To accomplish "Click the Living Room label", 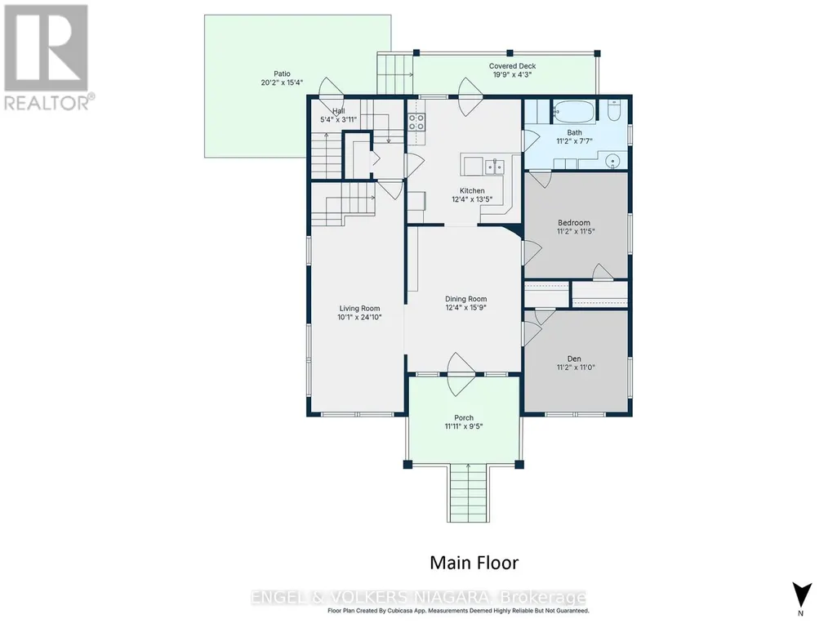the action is pyautogui.click(x=359, y=308).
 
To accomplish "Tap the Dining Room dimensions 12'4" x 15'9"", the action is pyautogui.click(x=466, y=308).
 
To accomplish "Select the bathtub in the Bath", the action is pyautogui.click(x=573, y=112).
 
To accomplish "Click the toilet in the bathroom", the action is pyautogui.click(x=613, y=110).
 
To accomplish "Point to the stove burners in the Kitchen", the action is pyautogui.click(x=416, y=122).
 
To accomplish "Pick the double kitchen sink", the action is pyautogui.click(x=494, y=167).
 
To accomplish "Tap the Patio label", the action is pyautogui.click(x=282, y=73).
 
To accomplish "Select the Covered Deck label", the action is pyautogui.click(x=513, y=66).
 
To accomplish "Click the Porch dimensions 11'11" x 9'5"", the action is pyautogui.click(x=464, y=426).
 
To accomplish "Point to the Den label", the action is pyautogui.click(x=574, y=359).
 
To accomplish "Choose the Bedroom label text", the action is pyautogui.click(x=574, y=223).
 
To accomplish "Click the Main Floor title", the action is pyautogui.click(x=474, y=563).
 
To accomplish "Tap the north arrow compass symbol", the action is pyautogui.click(x=802, y=595).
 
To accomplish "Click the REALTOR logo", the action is pyautogui.click(x=48, y=57).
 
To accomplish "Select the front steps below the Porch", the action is pyautogui.click(x=468, y=493).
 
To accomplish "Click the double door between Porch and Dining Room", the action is pyautogui.click(x=461, y=374).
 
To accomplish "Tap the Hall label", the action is pyautogui.click(x=338, y=111).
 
